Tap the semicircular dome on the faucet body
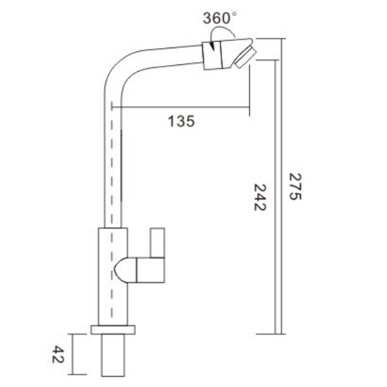pos(125,269)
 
